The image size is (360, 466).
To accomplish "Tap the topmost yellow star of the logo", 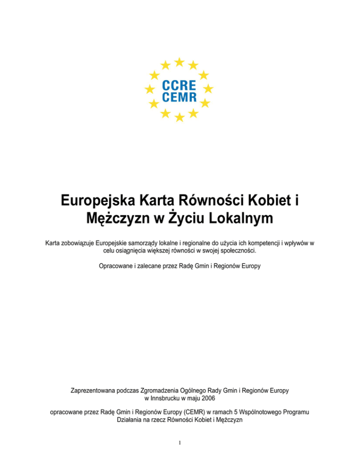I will tap(179, 61).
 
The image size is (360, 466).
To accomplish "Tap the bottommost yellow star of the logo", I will tap(179, 117).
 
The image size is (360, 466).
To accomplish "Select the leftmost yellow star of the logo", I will tap(150, 89).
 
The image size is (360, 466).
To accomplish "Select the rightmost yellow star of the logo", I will tap(209, 88).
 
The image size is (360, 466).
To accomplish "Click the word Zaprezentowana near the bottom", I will tap(94, 391).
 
